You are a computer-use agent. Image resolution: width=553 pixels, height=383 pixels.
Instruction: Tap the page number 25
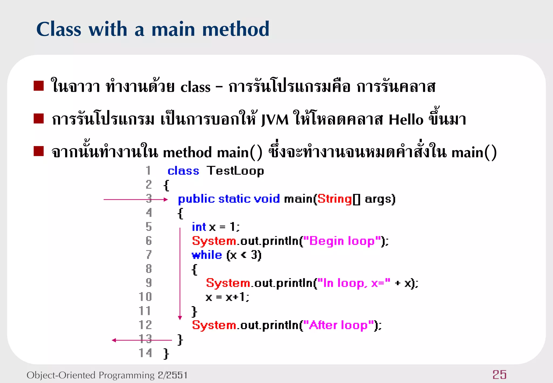click(x=499, y=375)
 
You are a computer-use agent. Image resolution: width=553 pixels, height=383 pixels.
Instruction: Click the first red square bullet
click(x=39, y=86)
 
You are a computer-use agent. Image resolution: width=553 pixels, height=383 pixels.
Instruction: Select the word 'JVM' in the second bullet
click(x=275, y=119)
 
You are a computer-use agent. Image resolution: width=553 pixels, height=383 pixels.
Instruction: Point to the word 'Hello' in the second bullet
click(x=406, y=119)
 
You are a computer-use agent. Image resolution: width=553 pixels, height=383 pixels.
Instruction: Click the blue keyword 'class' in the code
click(x=183, y=171)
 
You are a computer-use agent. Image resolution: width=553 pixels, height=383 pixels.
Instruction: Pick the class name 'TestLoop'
click(x=235, y=171)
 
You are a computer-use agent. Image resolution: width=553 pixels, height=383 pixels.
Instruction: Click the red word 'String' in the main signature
click(x=334, y=199)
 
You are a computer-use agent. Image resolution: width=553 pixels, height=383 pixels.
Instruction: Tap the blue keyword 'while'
click(x=207, y=255)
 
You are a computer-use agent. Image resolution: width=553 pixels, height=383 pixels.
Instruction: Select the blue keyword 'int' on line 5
click(x=199, y=227)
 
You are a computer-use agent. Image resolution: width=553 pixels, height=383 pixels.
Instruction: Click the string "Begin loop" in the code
click(x=342, y=241)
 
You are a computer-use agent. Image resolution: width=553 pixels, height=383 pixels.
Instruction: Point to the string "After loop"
click(x=339, y=325)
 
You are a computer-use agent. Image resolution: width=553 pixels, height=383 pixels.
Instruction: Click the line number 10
click(x=145, y=297)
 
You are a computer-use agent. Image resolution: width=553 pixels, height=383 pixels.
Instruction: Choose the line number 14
click(x=145, y=353)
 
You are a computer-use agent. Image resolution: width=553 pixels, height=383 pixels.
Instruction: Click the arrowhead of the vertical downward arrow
click(x=180, y=318)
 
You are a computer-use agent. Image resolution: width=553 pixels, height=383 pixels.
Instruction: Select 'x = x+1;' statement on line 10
click(x=227, y=297)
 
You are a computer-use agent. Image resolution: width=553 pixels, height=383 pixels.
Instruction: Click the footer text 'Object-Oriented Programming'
click(x=90, y=375)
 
